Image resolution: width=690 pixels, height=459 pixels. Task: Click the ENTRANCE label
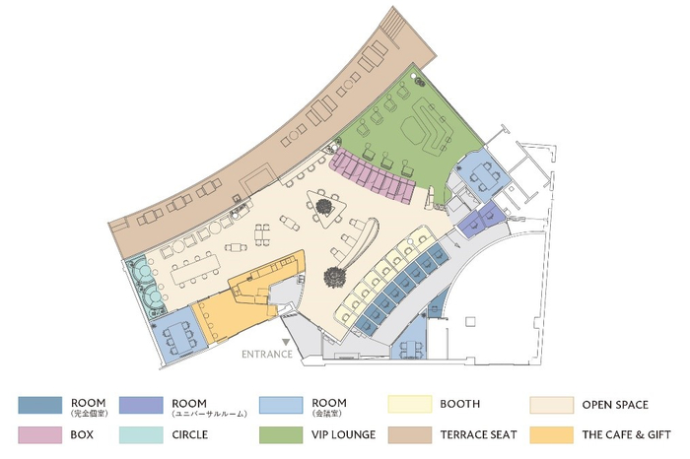(x=267, y=354)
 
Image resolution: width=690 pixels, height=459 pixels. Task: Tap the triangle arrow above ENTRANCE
(x=286, y=342)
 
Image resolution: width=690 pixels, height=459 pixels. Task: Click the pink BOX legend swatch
(x=40, y=434)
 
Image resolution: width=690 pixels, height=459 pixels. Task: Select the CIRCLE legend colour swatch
(x=141, y=434)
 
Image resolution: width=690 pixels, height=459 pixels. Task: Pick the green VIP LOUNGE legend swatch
(x=281, y=434)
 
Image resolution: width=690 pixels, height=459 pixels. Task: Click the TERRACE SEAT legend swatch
(x=410, y=434)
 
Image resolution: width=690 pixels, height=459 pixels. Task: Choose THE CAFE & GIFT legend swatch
(x=552, y=434)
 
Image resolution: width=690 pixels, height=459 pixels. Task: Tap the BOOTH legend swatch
(x=410, y=404)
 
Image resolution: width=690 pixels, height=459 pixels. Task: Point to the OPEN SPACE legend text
(x=615, y=405)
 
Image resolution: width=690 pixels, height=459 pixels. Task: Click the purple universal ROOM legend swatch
(x=141, y=405)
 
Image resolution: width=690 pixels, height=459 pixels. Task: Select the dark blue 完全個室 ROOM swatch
(x=40, y=405)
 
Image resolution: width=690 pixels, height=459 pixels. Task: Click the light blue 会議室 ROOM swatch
(x=281, y=405)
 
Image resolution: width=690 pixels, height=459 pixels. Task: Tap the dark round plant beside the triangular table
(x=324, y=206)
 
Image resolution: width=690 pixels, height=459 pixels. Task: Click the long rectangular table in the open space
(x=195, y=270)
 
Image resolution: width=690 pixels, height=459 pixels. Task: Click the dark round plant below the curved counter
(x=335, y=277)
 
